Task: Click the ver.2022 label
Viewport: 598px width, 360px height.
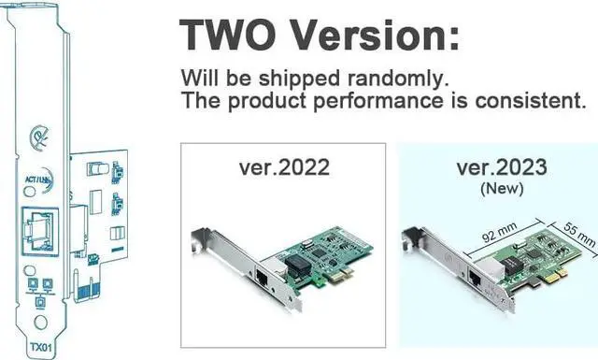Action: pos(283,168)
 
